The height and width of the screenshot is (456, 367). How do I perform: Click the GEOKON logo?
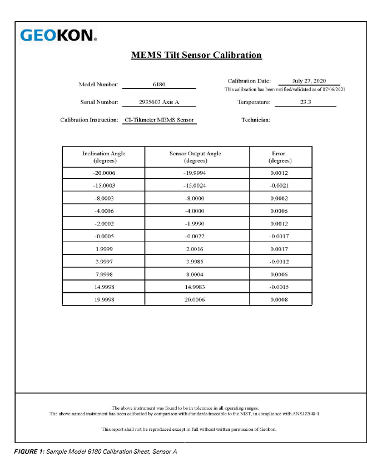click(58, 36)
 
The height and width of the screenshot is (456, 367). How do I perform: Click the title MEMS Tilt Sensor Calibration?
click(196, 55)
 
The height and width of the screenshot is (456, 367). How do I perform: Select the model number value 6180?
click(158, 85)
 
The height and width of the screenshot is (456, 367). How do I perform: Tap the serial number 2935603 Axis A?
click(158, 102)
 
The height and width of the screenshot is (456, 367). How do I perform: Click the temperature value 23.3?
click(306, 102)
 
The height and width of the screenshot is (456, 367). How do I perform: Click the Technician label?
click(256, 120)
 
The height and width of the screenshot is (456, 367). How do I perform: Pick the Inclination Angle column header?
click(103, 156)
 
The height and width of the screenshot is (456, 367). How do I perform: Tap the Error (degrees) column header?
click(280, 156)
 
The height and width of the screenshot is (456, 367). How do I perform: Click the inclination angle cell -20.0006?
click(104, 173)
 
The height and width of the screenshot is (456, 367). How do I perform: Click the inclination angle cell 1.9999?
click(104, 249)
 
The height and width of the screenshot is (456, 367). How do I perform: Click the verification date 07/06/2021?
click(333, 90)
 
